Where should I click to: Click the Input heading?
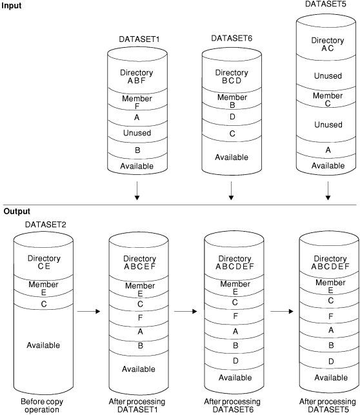tap(12, 5)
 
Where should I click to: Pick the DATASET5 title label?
tap(328, 5)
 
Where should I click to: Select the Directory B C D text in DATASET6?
tap(231, 77)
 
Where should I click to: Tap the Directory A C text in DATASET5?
tap(327, 45)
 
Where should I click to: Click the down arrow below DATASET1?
tap(135, 192)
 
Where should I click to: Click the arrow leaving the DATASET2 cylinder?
tap(86, 312)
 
